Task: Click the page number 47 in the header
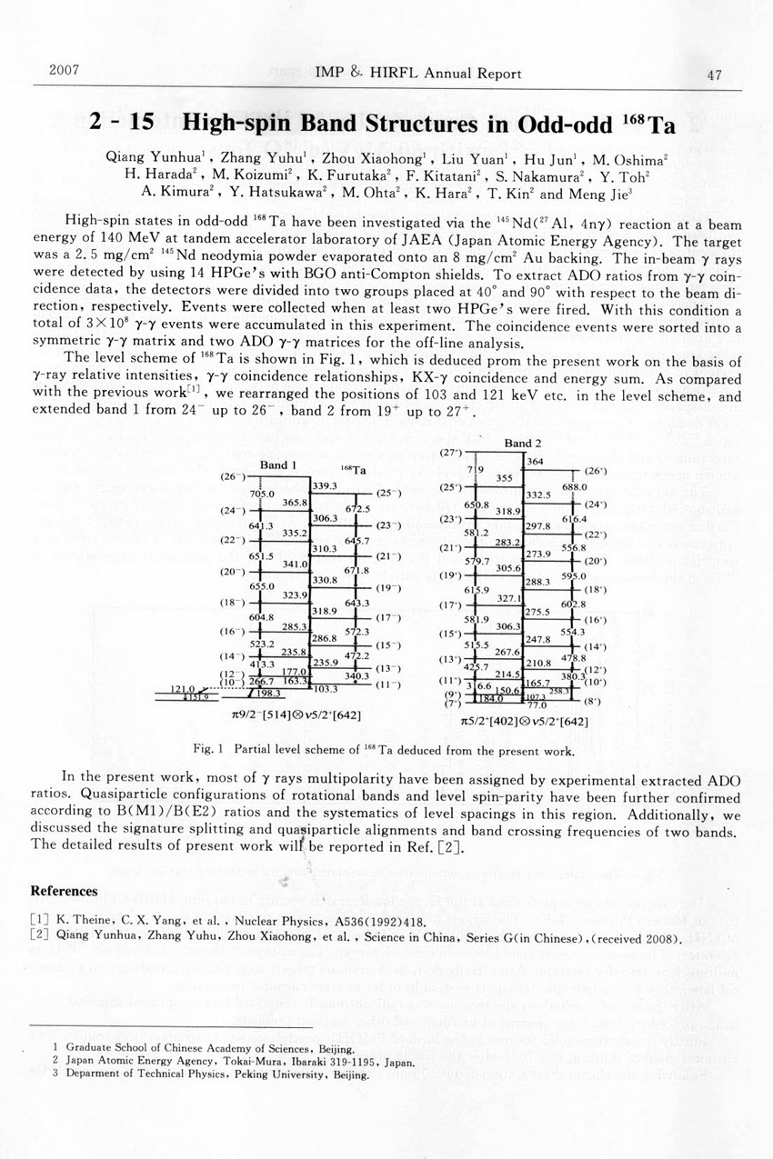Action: [x=714, y=75]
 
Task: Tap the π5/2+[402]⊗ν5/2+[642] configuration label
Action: [x=523, y=722]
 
